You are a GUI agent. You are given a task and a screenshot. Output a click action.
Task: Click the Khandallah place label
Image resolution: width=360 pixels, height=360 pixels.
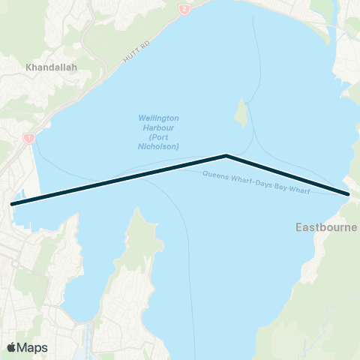(52, 67)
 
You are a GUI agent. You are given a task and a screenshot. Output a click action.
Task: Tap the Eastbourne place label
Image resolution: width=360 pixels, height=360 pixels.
(325, 226)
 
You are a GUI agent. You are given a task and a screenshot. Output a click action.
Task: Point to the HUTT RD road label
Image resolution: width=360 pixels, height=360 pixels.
(136, 51)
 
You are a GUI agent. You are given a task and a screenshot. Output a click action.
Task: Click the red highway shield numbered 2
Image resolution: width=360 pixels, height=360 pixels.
(184, 9)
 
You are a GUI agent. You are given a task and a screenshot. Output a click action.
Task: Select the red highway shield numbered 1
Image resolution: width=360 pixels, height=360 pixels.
(28, 138)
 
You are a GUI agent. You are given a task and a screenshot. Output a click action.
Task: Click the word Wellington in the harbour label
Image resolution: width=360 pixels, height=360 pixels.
(158, 118)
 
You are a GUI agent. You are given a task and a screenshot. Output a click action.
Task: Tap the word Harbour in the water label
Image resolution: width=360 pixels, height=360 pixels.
(158, 128)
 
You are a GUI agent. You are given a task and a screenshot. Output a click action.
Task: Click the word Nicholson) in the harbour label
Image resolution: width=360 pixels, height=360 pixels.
(158, 146)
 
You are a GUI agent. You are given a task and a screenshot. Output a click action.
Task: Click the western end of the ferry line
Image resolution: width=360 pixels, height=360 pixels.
(12, 203)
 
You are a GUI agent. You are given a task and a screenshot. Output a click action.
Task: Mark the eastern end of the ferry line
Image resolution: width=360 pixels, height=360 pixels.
(349, 195)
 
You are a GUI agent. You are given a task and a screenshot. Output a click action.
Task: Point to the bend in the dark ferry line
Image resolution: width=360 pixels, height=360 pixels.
(226, 156)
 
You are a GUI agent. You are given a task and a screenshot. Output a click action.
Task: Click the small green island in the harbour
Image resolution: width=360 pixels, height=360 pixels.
(241, 113)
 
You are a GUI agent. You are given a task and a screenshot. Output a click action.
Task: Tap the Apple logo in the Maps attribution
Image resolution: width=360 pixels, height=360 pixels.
(11, 347)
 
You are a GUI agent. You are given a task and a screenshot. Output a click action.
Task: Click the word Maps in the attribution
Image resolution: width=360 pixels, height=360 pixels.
(32, 347)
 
